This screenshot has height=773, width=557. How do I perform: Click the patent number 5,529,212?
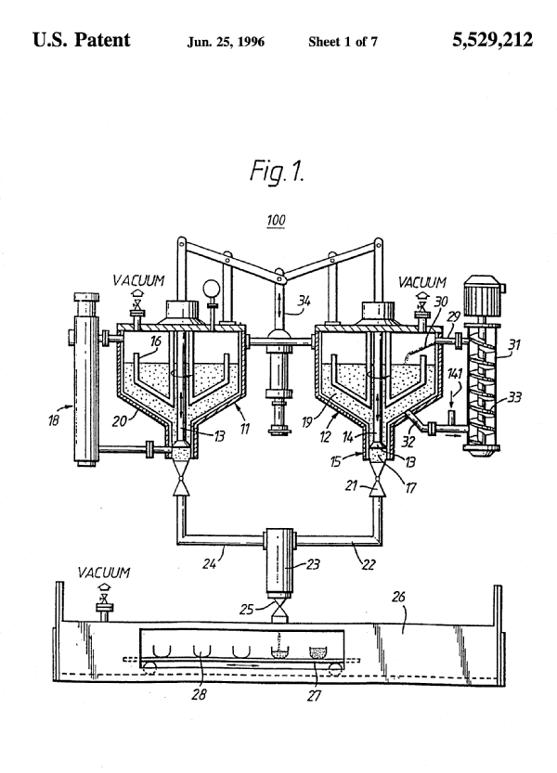tap(492, 40)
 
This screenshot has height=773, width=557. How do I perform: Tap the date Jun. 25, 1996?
tap(226, 42)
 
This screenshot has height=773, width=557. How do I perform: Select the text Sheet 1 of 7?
tap(343, 42)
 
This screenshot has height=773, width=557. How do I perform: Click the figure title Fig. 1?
tap(277, 171)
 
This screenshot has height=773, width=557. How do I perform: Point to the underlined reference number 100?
tap(276, 220)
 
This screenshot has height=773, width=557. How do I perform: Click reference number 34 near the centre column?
tap(304, 301)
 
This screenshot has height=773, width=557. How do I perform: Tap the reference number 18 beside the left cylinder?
tap(53, 419)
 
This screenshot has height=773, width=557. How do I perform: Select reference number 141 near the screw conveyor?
tap(454, 374)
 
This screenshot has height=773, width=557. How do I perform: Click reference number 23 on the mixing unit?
tap(313, 563)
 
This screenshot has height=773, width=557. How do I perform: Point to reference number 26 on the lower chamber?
tap(398, 597)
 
